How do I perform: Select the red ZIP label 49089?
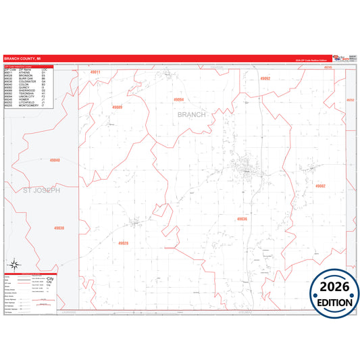(x=117, y=107)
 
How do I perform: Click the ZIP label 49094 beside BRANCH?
(x=178, y=100)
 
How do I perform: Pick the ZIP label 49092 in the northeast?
(x=265, y=79)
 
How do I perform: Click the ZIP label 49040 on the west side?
(x=55, y=160)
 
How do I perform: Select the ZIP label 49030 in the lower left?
(x=59, y=228)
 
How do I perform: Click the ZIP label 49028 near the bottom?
(x=123, y=243)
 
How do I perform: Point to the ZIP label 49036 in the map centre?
(x=242, y=219)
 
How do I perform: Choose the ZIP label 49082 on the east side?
(x=319, y=186)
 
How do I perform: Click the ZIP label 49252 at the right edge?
(x=350, y=100)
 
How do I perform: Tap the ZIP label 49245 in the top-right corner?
(x=328, y=68)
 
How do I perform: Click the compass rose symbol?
(x=14, y=265)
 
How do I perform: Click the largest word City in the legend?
(x=49, y=279)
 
